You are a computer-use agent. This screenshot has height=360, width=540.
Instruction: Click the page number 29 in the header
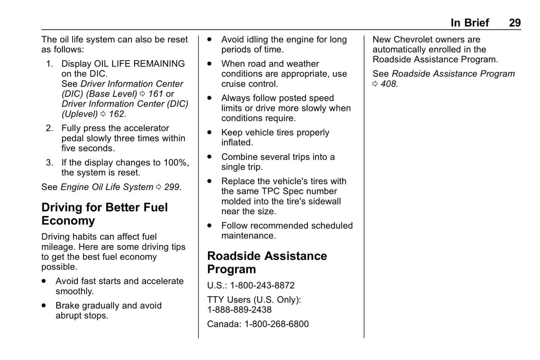click(x=514, y=23)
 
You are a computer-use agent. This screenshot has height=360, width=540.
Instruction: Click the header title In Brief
click(x=469, y=23)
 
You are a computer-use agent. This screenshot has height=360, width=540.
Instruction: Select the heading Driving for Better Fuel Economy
click(x=104, y=214)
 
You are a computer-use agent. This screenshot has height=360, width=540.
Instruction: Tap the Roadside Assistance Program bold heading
click(x=267, y=263)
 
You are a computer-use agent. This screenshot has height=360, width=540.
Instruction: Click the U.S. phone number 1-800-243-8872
click(x=262, y=286)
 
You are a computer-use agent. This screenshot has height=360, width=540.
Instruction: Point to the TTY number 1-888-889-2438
click(x=239, y=310)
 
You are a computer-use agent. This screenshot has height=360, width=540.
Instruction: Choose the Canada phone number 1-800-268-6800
click(x=276, y=324)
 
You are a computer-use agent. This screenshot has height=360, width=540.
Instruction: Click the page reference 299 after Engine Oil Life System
click(x=172, y=187)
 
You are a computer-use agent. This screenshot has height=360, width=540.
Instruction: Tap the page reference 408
click(x=388, y=84)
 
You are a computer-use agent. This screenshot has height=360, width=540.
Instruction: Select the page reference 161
click(x=155, y=94)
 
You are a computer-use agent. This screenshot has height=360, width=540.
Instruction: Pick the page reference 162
click(x=117, y=114)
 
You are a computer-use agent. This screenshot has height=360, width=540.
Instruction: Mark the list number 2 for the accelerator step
click(x=49, y=128)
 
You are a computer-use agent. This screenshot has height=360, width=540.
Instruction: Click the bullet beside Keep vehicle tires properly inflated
click(x=210, y=133)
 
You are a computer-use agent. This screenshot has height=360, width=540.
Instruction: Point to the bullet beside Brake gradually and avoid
click(x=44, y=305)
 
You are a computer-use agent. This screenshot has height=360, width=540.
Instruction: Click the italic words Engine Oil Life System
click(x=107, y=187)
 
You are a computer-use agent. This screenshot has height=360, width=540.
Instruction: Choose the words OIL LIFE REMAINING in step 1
click(x=139, y=64)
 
